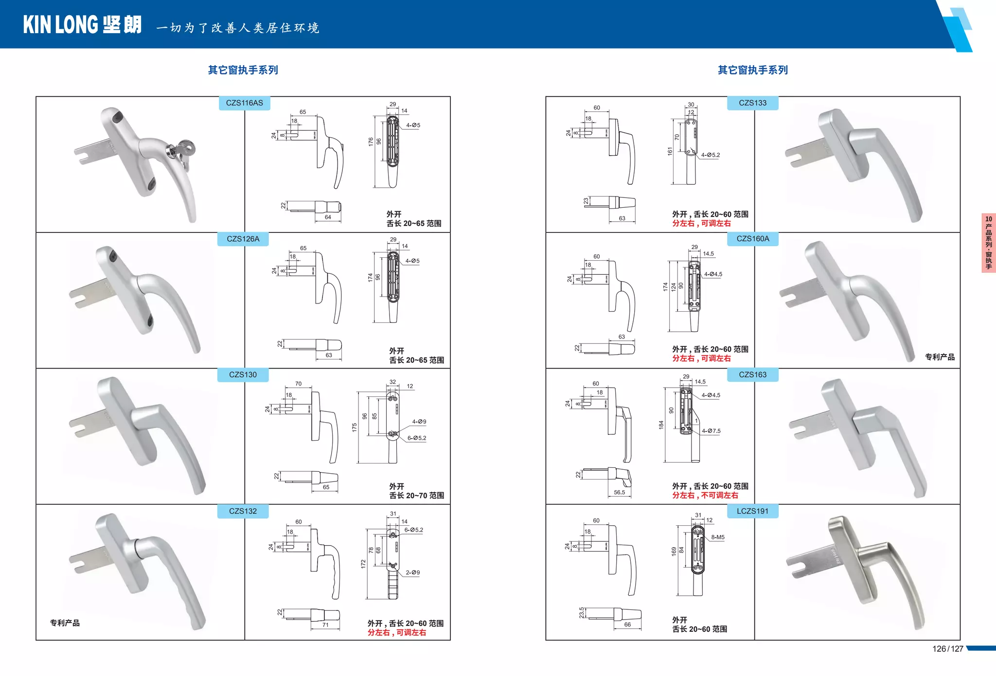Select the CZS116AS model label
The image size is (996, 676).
[244, 103]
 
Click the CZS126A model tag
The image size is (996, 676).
[243, 239]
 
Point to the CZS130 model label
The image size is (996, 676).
[243, 375]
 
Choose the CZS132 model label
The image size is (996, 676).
[243, 511]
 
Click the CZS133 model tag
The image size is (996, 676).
[752, 103]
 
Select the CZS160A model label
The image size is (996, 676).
[752, 239]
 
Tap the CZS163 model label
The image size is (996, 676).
[752, 375]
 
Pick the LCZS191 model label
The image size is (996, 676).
[752, 511]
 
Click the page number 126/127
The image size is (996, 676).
[947, 649]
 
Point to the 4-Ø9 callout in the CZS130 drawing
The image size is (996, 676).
[419, 422]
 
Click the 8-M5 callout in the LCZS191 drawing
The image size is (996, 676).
[718, 537]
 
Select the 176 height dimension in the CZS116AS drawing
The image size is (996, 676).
[371, 142]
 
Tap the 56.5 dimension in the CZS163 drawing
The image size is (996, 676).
[619, 492]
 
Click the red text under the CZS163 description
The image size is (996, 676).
[705, 496]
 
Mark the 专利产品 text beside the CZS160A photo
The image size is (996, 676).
[939, 357]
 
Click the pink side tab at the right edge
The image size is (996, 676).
[988, 243]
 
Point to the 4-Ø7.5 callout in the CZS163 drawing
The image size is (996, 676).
[711, 431]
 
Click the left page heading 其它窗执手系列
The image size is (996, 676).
[243, 70]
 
